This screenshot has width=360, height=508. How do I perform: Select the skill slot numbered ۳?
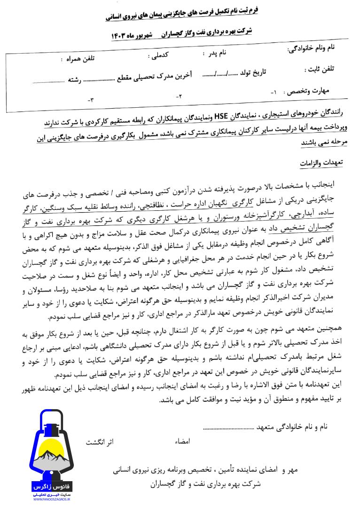90,100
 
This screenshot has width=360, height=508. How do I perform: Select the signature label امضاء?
182,443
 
